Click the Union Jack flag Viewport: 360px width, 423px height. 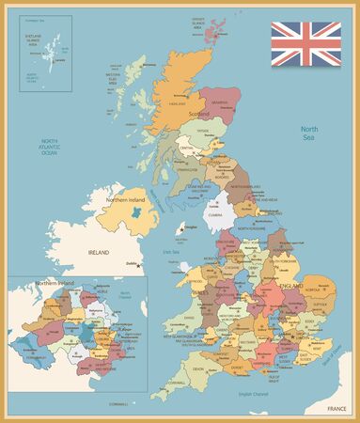[306, 43]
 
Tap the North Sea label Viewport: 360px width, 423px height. [309, 133]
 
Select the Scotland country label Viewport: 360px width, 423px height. [198, 113]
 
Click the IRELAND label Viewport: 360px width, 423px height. [99, 253]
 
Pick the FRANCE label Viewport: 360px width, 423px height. [337, 410]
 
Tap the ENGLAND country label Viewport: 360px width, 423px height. [289, 284]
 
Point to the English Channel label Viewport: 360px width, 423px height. [253, 393]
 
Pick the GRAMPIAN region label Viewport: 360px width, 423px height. [220, 102]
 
